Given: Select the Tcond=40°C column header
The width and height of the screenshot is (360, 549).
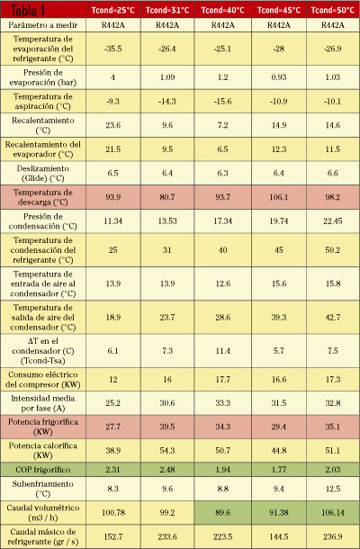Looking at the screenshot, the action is (222, 10).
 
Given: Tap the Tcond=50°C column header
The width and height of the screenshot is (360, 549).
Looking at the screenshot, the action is (333, 10).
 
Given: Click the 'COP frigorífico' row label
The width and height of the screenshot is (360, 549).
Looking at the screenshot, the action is (43, 470).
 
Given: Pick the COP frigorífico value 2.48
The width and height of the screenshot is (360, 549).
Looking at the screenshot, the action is (167, 470).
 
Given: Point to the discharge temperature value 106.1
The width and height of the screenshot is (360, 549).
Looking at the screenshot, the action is (279, 197).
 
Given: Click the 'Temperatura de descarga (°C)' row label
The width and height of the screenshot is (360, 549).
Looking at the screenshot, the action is (43, 197).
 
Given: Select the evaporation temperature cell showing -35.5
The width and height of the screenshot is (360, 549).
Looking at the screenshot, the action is (112, 49).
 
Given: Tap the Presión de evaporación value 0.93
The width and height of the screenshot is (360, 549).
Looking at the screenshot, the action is (279, 77).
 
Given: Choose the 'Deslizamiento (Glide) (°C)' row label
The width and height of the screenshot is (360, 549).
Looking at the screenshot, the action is (43, 173).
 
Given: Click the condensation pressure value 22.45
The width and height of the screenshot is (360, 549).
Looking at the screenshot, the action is (333, 220).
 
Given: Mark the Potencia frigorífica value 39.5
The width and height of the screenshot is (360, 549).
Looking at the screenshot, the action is (167, 427).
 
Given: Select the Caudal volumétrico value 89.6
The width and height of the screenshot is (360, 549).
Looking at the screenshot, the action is (222, 513).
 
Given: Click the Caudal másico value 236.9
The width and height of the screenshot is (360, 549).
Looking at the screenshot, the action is (333, 536).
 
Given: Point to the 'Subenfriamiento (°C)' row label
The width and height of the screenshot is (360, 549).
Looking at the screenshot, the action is (43, 489).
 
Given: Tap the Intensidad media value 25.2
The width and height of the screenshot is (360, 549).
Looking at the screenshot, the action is (112, 402).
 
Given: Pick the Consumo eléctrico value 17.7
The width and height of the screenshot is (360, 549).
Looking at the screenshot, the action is (222, 379).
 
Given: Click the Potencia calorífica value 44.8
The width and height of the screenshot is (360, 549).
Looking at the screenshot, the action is (279, 450).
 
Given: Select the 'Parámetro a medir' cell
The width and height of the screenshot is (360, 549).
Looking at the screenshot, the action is (43, 25).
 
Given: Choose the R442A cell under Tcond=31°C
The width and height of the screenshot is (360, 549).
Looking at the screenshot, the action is (167, 25).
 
